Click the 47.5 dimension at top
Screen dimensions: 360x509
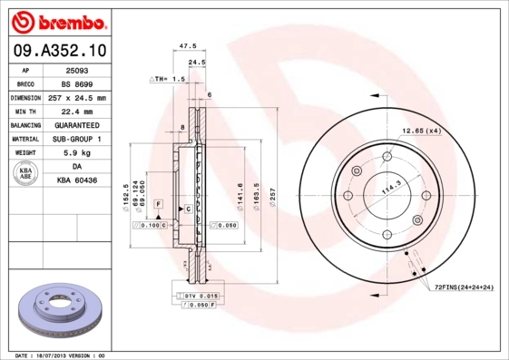[x=188, y=44]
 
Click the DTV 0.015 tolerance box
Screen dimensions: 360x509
[x=196, y=296]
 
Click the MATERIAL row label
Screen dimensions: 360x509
[x=25, y=139]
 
